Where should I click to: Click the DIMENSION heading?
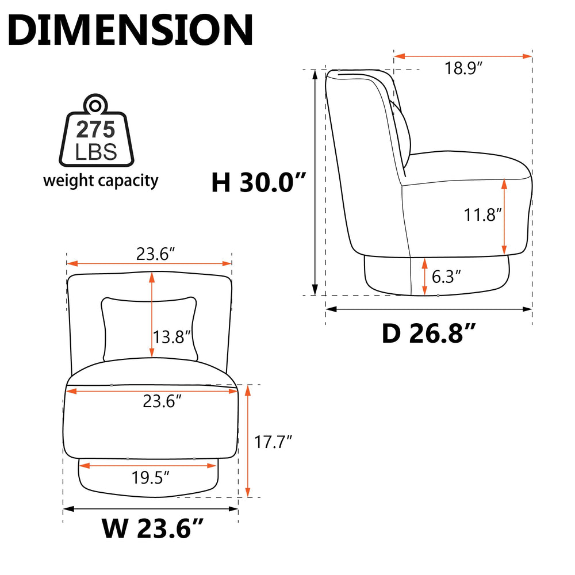[130, 30]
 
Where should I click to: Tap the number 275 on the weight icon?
[95, 129]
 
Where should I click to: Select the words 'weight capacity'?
[101, 181]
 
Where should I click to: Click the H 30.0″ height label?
[259, 182]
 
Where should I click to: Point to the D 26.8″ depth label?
[429, 333]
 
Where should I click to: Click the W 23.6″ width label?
[152, 528]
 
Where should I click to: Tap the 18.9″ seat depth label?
[463, 68]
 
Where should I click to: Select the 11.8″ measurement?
[482, 215]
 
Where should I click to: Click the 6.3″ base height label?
[446, 277]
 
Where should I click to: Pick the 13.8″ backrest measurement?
[171, 337]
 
